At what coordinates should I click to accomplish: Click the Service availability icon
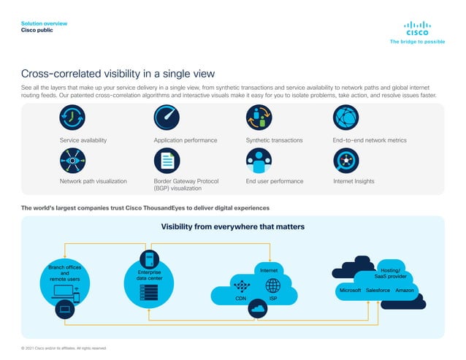click(x=72, y=118)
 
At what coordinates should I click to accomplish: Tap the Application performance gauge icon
click(x=166, y=118)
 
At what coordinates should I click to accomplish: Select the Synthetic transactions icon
click(x=258, y=118)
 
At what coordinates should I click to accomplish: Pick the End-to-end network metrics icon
click(x=345, y=118)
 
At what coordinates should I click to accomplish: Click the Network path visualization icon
click(x=72, y=161)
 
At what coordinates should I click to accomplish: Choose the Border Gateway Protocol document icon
click(x=166, y=161)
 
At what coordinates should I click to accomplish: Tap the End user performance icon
click(x=258, y=161)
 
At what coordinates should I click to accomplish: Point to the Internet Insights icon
click(x=345, y=161)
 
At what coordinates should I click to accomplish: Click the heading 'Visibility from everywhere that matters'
click(x=232, y=226)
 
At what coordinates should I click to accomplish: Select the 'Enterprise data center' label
click(x=150, y=275)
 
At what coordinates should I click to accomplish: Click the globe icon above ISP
click(x=272, y=286)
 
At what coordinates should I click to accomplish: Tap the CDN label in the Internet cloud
click(x=240, y=299)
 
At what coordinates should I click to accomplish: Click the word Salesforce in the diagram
click(x=378, y=291)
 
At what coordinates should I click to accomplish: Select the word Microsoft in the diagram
click(x=348, y=291)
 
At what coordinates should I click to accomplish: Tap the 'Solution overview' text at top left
click(x=44, y=24)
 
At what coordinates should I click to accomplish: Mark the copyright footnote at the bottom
click(x=64, y=348)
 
